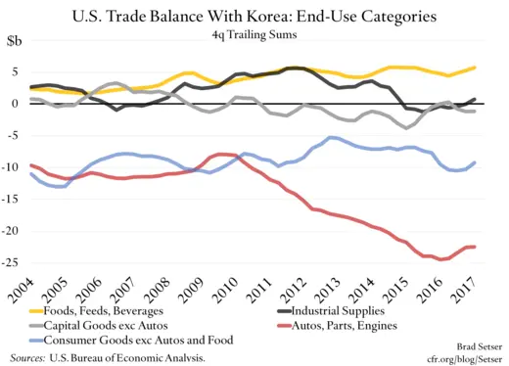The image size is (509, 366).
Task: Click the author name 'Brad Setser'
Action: point(475,346)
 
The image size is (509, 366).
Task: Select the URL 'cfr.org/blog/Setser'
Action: point(461,358)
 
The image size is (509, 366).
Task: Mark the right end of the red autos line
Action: point(476,247)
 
